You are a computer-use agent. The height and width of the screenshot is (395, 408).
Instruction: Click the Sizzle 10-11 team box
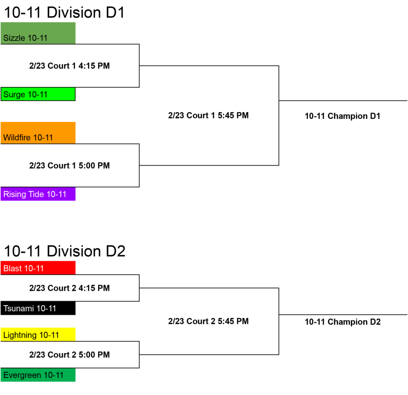tap(38, 33)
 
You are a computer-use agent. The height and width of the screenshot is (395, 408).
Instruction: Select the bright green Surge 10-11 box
tap(38, 94)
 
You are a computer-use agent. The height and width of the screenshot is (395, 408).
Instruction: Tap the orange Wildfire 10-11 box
tap(38, 133)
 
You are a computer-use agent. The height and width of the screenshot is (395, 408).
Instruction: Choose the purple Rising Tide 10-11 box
tap(38, 194)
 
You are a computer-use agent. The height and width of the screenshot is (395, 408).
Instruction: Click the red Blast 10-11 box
tap(38, 268)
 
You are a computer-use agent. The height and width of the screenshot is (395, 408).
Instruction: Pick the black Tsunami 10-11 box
tap(38, 308)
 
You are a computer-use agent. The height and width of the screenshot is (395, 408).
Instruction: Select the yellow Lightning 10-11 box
tap(38, 334)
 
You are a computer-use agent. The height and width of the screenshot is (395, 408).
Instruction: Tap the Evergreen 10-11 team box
tap(38, 375)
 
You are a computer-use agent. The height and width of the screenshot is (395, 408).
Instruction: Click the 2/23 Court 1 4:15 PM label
tap(69, 66)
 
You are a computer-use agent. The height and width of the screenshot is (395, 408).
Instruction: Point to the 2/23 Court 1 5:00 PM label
tap(69, 165)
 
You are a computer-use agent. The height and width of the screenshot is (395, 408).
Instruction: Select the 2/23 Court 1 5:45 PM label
tap(208, 115)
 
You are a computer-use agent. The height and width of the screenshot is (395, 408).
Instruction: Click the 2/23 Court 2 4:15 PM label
tap(69, 288)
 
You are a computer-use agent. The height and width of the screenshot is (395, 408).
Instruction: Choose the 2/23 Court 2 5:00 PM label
tap(69, 355)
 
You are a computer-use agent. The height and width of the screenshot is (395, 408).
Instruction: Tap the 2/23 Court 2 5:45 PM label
tap(208, 321)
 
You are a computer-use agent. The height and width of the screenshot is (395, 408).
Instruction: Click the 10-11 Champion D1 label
tap(342, 116)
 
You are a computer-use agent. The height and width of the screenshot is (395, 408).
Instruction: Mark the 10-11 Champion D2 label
tap(343, 322)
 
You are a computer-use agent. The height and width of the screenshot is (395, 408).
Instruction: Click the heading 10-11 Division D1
tap(64, 12)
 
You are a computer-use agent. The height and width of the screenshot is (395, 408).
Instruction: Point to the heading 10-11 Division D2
tap(65, 251)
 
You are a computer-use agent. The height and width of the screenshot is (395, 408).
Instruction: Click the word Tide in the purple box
tap(36, 194)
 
